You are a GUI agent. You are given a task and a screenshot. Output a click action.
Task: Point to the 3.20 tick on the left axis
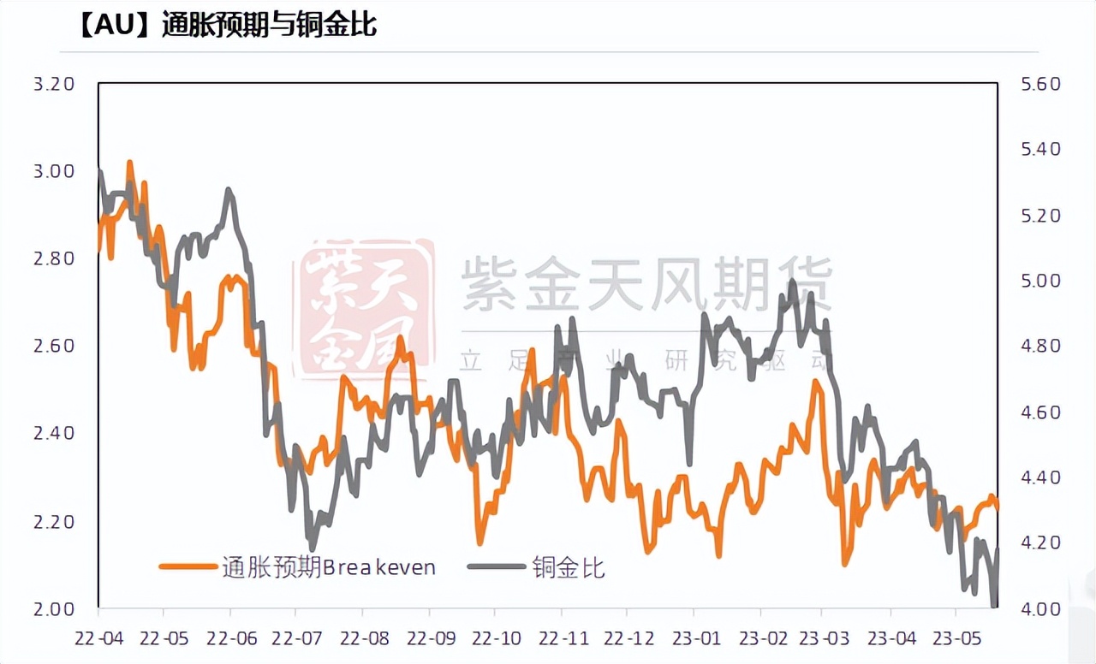coord(55,84)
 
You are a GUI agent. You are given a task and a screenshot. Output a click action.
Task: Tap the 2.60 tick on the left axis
coord(55,346)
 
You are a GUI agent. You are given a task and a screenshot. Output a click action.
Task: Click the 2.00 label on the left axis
coord(55,608)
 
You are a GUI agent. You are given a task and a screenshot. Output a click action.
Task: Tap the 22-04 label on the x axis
coord(98,638)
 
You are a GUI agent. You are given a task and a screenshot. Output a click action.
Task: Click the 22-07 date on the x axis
coord(295,638)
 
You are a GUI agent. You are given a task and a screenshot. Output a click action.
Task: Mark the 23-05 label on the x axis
coord(956,638)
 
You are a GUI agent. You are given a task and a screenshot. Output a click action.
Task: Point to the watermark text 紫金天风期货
coord(646,282)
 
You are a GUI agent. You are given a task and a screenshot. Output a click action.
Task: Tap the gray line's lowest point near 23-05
coord(993,606)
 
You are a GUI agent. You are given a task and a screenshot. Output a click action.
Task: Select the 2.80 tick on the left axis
coord(55,258)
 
